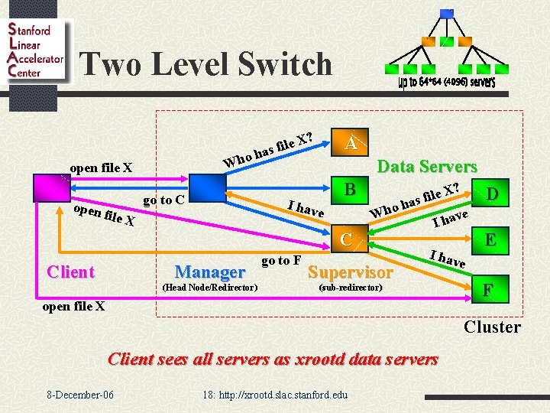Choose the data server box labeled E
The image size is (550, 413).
490,240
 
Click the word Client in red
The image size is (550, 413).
70,272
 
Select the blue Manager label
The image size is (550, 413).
210,272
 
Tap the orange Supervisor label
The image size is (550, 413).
350,272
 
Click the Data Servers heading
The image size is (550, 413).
427,166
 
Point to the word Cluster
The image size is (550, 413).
492,327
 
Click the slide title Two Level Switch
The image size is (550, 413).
205,63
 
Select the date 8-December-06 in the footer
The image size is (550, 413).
80,395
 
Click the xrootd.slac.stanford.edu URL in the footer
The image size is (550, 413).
275,395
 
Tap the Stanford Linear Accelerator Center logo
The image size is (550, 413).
35,50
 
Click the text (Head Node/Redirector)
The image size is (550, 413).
210,287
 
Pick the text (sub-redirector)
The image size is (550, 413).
349,287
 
